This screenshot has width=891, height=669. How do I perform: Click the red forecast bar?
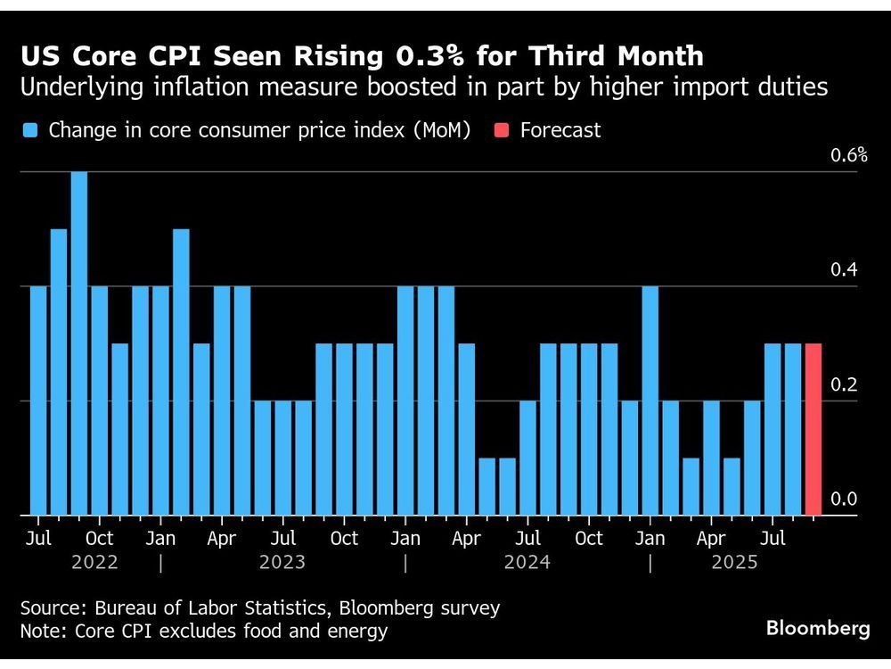(813, 429)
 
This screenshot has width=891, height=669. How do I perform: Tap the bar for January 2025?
(650, 401)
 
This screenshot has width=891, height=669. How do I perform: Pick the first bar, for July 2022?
(38, 401)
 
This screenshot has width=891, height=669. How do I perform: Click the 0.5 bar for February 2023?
(181, 372)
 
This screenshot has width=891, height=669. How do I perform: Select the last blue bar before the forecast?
(792, 429)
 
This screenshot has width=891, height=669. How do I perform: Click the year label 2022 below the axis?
(94, 562)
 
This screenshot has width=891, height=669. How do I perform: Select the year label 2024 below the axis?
(527, 562)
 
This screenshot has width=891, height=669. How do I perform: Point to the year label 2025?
(734, 562)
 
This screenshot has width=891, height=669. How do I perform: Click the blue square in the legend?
(31, 131)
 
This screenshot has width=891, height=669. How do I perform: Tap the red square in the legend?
(501, 131)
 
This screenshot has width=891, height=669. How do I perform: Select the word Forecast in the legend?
(560, 130)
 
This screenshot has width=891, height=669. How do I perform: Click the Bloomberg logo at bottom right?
(818, 628)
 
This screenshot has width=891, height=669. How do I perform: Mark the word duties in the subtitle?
(796, 87)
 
